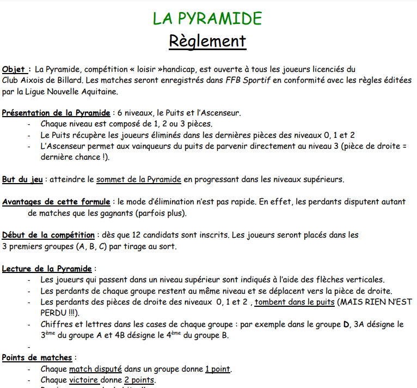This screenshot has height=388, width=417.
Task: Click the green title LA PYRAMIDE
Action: click(x=207, y=19)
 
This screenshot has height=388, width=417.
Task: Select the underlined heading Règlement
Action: click(x=207, y=41)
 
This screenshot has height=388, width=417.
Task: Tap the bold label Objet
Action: click(x=15, y=69)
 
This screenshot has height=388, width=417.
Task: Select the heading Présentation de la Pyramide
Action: click(x=56, y=113)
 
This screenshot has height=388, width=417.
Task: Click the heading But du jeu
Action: click(x=22, y=179)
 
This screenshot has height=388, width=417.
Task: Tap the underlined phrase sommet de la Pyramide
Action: click(x=139, y=179)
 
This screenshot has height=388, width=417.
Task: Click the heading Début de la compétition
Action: click(x=48, y=235)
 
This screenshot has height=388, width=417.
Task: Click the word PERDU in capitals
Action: click(x=54, y=313)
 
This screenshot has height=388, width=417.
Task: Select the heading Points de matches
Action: click(x=37, y=357)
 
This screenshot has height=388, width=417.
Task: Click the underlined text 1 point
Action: click(x=218, y=369)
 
